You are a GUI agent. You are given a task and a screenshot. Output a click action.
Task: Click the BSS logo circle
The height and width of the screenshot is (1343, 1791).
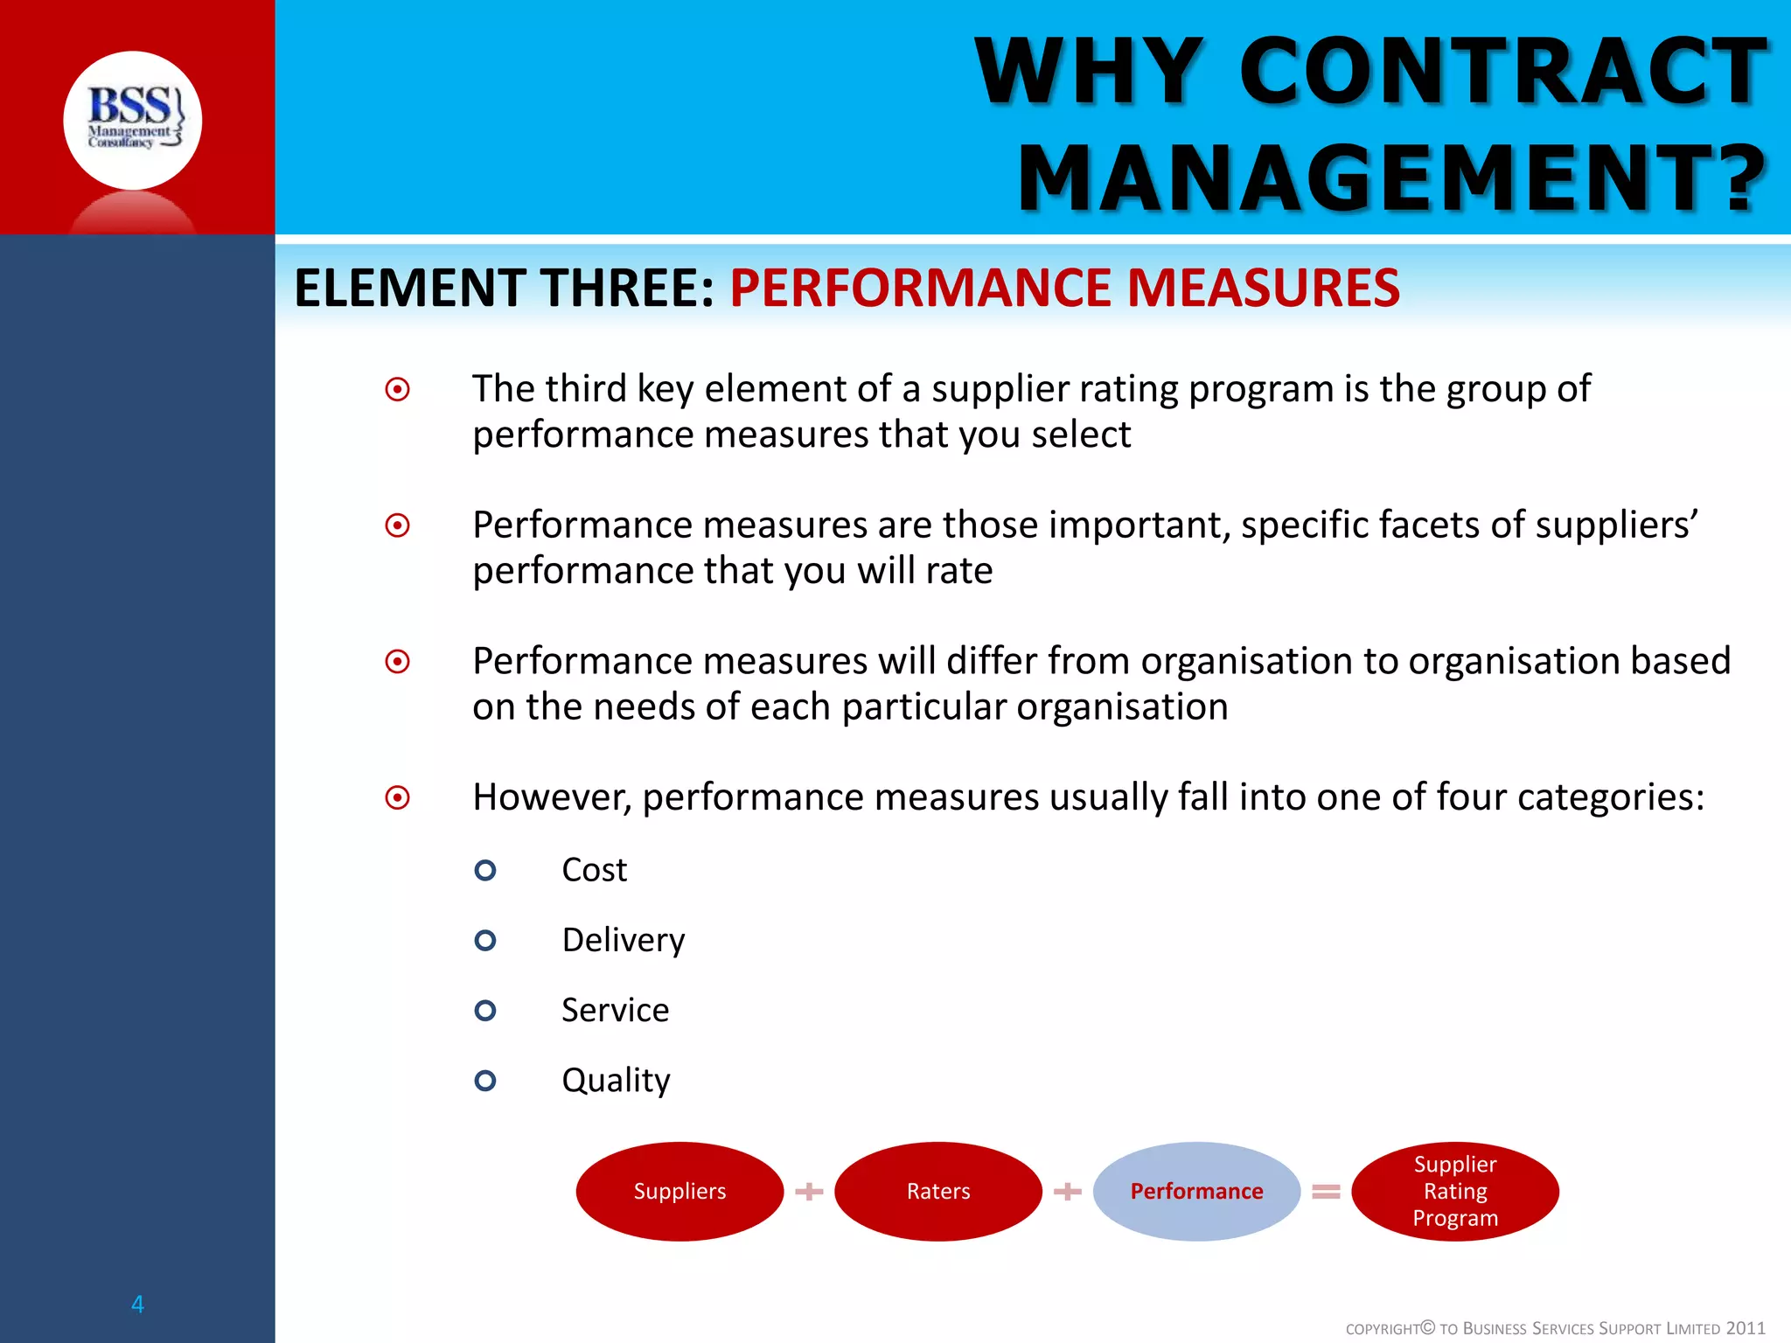point(132,121)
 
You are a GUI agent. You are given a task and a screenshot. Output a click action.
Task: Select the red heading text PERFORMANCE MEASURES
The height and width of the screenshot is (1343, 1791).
point(1064,289)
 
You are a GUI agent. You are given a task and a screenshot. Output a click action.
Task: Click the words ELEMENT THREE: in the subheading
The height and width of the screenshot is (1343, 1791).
point(505,289)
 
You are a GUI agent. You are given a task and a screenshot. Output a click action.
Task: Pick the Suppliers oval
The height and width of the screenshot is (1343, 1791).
point(679,1191)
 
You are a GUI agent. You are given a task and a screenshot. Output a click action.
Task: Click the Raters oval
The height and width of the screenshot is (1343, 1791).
point(938,1191)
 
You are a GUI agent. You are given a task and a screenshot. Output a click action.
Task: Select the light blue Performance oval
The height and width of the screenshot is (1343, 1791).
point(1196,1191)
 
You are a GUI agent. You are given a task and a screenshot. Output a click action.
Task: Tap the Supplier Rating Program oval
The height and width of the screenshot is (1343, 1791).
point(1455,1191)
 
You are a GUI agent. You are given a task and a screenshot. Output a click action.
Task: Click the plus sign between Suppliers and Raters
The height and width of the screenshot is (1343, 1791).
point(809,1191)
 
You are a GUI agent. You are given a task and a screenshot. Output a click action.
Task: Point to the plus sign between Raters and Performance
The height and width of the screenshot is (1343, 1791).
point(1068,1191)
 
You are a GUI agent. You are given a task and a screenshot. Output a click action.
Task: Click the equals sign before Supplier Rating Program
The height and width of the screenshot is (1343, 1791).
point(1326,1191)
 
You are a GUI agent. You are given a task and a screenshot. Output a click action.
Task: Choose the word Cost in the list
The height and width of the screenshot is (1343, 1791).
point(595,870)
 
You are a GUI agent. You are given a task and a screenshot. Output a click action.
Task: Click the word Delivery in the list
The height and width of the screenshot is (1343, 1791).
point(624,940)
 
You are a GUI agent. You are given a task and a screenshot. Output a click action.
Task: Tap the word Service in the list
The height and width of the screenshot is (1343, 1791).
point(615,1010)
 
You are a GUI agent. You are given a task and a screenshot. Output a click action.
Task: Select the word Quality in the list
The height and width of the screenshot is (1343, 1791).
point(616,1081)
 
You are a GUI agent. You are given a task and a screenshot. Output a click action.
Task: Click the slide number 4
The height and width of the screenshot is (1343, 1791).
point(137,1304)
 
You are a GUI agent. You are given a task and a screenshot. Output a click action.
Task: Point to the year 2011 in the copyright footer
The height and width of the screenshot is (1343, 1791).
point(1745,1328)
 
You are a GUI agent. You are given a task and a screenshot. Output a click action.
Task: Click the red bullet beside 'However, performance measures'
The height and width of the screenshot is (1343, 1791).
point(398,797)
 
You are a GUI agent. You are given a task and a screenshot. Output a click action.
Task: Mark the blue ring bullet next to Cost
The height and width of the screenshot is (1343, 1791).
point(485,870)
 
